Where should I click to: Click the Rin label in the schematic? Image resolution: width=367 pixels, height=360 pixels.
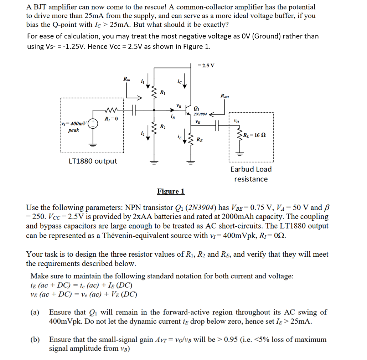coord(126,79)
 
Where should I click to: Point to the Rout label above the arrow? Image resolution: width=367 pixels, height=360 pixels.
coord(225,96)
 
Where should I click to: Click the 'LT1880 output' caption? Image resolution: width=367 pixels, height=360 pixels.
coord(93,161)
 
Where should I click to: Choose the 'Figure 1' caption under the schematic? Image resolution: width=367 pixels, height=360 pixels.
coord(171,191)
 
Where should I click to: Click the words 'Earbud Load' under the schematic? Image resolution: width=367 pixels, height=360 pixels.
coord(251,169)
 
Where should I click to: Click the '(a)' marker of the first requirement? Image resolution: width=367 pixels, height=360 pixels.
coord(35,313)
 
